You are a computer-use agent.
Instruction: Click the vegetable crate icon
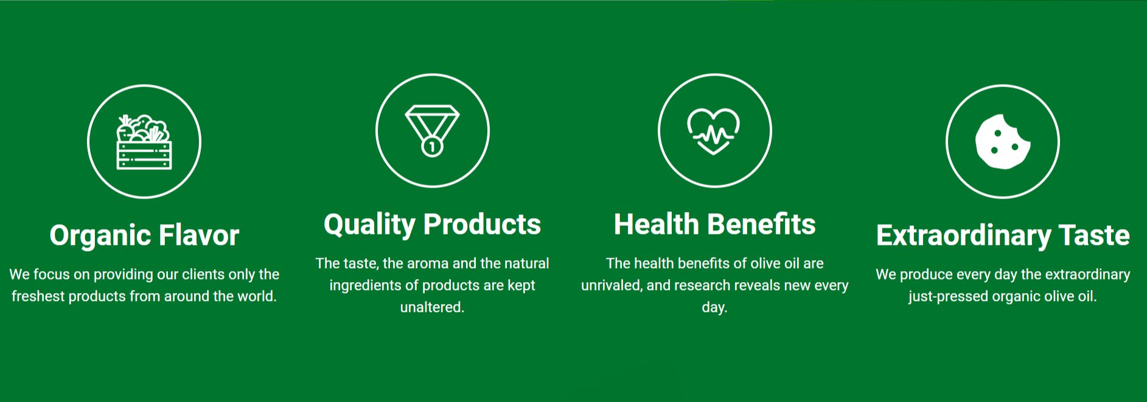[x=144, y=141]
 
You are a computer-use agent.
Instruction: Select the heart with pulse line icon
[x=714, y=131]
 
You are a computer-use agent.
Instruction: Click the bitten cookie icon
[x=1002, y=141]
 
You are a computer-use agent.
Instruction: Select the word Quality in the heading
[x=369, y=224]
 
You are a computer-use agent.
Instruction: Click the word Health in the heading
[x=656, y=224]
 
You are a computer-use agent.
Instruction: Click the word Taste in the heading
[x=1094, y=235]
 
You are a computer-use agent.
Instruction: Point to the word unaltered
[x=432, y=307]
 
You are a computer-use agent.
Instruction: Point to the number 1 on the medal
[x=432, y=147]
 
